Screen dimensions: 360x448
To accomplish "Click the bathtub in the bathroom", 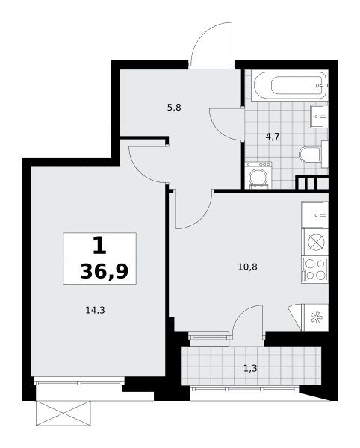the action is [290, 86].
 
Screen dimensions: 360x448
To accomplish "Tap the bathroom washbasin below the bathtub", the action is [319, 116].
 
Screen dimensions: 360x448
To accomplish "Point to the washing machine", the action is [258, 175].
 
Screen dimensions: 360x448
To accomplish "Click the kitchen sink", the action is [314, 215].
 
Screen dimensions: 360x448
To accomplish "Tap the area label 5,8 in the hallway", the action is [174, 108].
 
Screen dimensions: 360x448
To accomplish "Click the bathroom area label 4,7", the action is [273, 137].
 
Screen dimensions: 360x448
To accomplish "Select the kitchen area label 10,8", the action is [247, 267].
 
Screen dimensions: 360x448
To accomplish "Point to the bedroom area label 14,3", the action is [96, 310].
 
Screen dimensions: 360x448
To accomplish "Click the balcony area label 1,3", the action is [250, 369].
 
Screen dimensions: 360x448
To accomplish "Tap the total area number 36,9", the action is [104, 272].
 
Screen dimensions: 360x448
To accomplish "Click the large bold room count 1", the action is [99, 246].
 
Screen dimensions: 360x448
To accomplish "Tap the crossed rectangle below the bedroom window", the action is [63, 413].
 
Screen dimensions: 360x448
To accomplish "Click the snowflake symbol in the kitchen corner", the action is [316, 318].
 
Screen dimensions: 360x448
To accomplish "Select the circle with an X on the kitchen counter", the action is [316, 243].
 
